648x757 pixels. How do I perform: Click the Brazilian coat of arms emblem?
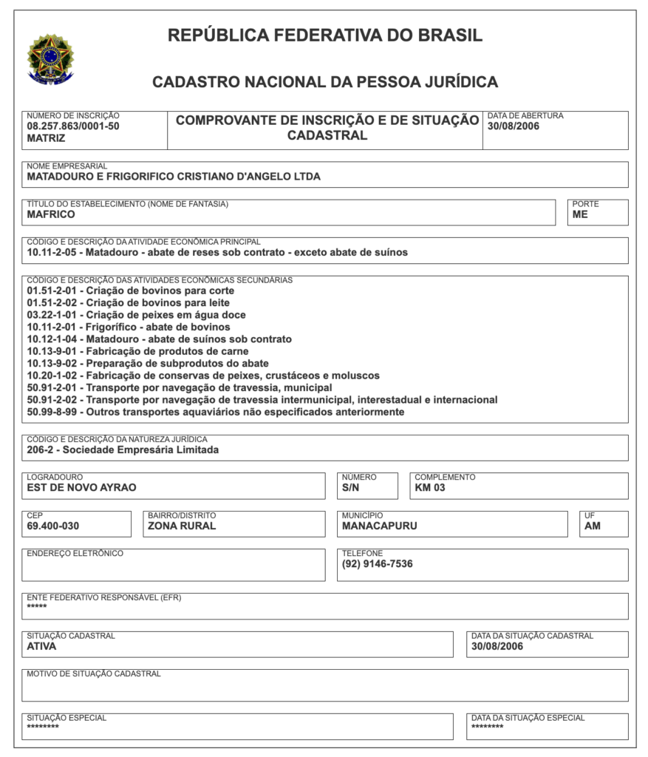click(x=50, y=59)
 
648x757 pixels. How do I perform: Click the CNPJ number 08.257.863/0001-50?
click(x=72, y=126)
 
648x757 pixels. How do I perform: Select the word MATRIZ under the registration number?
click(x=47, y=138)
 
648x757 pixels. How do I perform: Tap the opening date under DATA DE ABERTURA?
click(x=514, y=126)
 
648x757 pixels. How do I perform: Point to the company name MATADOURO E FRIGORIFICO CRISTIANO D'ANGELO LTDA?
click(x=174, y=177)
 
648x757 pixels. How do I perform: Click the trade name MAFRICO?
click(x=51, y=215)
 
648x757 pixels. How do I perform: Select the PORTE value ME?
click(x=580, y=215)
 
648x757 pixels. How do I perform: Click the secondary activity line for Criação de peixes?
click(x=136, y=315)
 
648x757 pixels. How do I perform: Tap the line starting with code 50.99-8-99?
click(x=215, y=412)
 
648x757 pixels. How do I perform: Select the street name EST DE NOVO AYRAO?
click(x=81, y=488)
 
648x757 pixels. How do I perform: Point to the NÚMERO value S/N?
click(x=351, y=488)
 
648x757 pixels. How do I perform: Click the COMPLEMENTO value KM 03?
click(x=430, y=488)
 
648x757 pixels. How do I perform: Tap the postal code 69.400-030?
click(x=52, y=526)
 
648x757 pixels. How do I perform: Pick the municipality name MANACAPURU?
click(x=379, y=526)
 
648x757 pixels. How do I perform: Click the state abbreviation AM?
click(x=593, y=526)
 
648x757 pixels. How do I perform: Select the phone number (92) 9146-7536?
click(x=377, y=564)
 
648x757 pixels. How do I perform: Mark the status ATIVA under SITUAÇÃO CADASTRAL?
click(x=41, y=646)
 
